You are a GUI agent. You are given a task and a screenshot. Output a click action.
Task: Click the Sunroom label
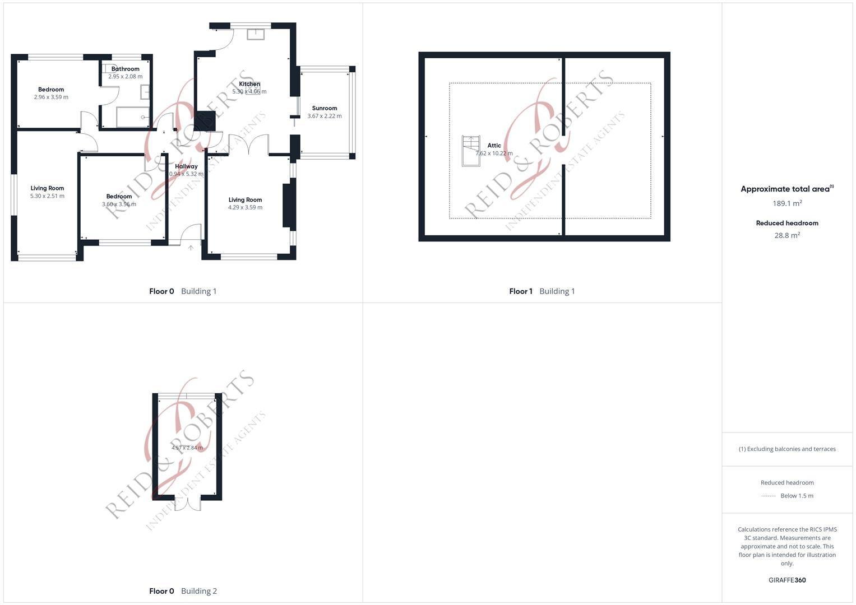(x=325, y=108)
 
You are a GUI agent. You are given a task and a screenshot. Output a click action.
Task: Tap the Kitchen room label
(x=249, y=84)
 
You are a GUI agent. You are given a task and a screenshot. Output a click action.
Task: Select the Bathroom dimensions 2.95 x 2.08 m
(x=125, y=77)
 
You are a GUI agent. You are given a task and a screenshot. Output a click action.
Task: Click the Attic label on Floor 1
(x=494, y=146)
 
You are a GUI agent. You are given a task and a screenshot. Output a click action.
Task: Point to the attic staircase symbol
(x=471, y=151)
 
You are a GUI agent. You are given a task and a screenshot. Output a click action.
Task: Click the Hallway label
(x=186, y=166)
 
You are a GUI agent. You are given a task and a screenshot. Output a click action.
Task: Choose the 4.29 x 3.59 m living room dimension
(x=245, y=207)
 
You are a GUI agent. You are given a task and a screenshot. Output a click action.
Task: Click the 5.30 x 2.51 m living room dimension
(x=47, y=196)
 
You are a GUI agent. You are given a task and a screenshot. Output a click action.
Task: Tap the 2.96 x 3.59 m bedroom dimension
(x=51, y=97)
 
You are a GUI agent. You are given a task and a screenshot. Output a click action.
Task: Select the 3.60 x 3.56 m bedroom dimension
(x=119, y=204)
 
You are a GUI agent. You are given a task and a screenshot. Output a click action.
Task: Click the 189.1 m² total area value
(x=787, y=203)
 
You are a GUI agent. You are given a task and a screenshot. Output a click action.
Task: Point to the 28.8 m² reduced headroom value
(x=787, y=235)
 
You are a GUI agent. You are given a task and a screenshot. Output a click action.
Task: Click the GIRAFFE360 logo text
(x=787, y=580)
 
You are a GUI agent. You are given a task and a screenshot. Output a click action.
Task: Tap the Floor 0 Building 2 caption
(x=183, y=591)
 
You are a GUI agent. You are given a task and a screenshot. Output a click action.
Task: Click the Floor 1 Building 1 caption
(x=542, y=291)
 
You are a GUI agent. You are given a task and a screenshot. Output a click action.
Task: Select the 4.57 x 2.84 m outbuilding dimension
(x=187, y=448)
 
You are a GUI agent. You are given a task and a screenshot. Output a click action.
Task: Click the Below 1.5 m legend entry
(x=796, y=496)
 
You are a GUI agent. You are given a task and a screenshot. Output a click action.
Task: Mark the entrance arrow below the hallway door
(x=191, y=248)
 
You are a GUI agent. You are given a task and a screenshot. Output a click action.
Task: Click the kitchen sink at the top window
(x=255, y=34)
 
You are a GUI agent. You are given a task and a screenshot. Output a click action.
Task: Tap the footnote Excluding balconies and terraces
(x=787, y=449)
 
